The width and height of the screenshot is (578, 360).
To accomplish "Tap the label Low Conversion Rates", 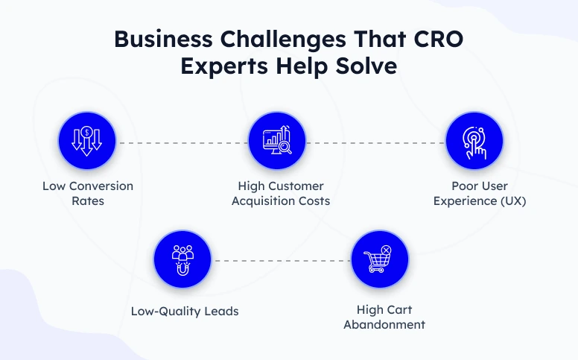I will coord(88,193).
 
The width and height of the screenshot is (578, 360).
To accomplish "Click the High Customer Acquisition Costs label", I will coord(280,193).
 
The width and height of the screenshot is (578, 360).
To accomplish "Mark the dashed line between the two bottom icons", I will coord(281,261).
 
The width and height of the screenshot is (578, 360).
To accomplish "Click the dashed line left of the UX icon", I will coord(375,142).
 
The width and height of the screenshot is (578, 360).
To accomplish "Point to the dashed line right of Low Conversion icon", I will coord(182,142).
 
